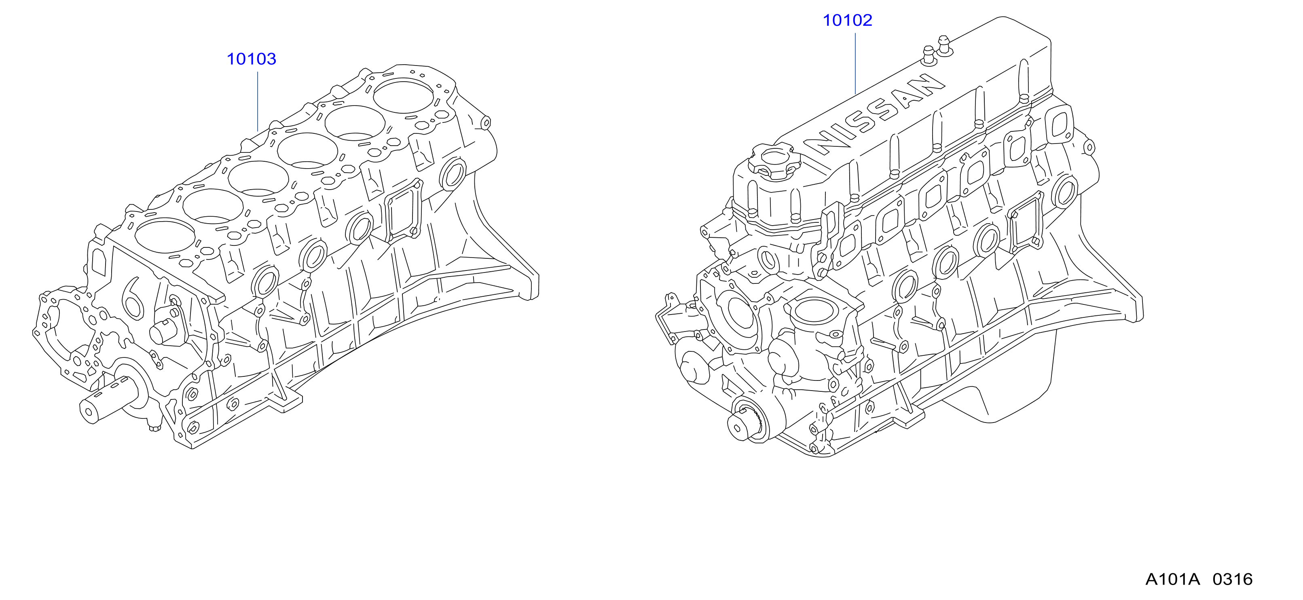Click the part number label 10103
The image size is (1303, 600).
tap(252, 59)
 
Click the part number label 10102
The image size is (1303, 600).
tap(847, 20)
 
